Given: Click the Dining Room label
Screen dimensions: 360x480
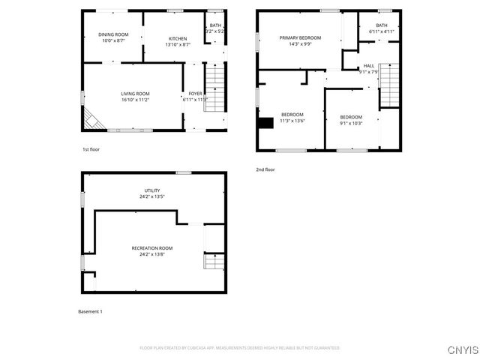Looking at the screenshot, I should coord(114,34).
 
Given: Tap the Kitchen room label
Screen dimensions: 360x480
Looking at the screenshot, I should coord(178,39).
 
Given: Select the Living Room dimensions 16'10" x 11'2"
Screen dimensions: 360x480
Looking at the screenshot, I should coord(135,100).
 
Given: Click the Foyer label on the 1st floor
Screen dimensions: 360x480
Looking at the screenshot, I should coord(194,94).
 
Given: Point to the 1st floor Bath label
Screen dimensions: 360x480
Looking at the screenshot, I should coord(215,26).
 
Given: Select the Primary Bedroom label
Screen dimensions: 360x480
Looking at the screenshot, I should coord(300,37).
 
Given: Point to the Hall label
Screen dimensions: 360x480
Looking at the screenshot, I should coord(369,66).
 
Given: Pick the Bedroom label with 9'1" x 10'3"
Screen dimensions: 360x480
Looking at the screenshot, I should coord(351,117).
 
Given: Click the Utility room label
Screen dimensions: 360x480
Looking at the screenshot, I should coord(152,190).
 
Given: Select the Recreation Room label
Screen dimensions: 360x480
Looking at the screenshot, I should coord(152,248).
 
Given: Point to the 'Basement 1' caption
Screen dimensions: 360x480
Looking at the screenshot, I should coord(91,311).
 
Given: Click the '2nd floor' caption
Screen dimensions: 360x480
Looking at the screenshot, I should coord(265,169).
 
